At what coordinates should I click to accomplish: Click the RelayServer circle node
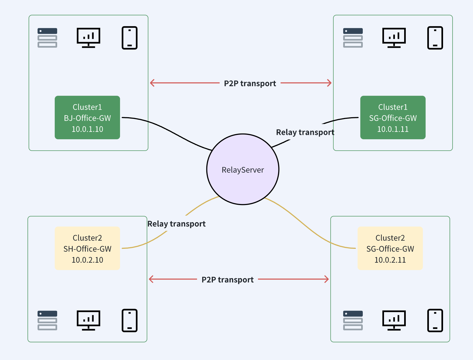pos(243,169)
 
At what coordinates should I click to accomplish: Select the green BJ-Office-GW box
pos(87,117)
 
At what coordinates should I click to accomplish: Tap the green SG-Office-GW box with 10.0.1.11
pos(393,117)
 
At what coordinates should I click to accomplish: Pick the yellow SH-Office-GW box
pos(87,248)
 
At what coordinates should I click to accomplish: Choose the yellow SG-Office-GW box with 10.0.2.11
pos(390,248)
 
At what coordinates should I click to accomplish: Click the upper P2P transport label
pos(250,83)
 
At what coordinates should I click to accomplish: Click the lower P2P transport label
pos(228,280)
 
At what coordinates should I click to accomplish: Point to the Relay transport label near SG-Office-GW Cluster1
pos(305,132)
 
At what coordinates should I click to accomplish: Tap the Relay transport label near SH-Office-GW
pos(176,224)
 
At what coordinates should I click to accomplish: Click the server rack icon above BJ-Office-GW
pos(47,38)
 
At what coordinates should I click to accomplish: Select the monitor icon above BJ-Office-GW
pos(88,38)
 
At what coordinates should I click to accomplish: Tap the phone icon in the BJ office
pos(130,38)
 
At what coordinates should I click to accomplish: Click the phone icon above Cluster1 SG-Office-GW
pos(435,38)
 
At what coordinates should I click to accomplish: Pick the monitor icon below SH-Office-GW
pos(88,320)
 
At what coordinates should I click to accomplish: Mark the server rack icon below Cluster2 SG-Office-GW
pos(353,320)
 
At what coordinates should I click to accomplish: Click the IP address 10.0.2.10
pos(87,260)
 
